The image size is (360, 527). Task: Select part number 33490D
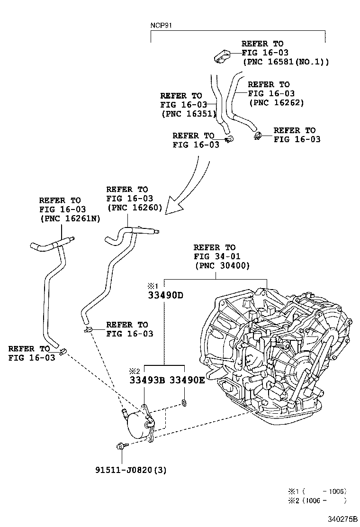[x=164, y=295]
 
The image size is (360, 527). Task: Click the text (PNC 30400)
[x=221, y=266]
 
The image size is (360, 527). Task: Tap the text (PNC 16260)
[x=135, y=207]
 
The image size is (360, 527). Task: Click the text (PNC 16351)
[x=189, y=114]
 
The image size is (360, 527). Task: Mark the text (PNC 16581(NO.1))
[x=285, y=62]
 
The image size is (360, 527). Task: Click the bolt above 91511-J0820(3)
[x=119, y=445]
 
